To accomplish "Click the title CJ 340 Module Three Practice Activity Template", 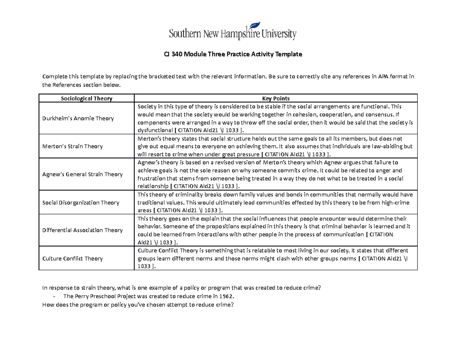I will pos(233,55).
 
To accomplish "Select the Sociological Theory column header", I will pos(86,98).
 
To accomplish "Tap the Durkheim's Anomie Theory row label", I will pos(78,118).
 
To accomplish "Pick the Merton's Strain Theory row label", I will pos(72,146).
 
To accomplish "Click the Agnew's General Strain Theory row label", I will pos(82,174).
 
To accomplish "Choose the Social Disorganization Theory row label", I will pos(80,202).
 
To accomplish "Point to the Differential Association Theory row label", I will pos(82,230).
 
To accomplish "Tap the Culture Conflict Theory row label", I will pos(72,258).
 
